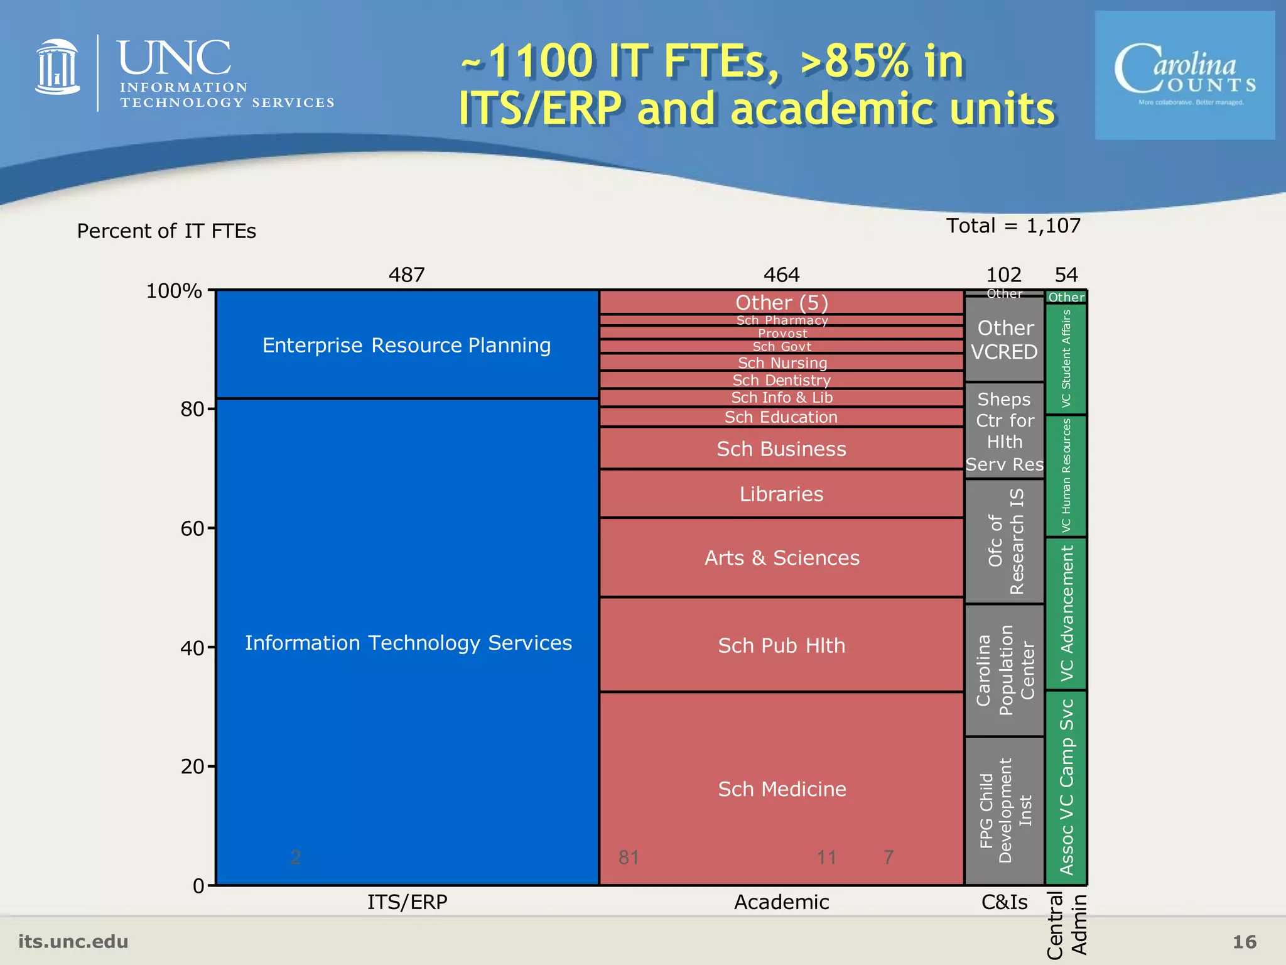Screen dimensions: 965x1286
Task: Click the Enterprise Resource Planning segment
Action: pos(407,345)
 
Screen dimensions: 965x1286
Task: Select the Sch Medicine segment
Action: pos(782,788)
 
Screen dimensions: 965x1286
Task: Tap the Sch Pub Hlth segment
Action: pos(782,645)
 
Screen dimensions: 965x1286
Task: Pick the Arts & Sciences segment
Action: pos(782,557)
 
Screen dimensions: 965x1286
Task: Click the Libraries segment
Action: pos(782,494)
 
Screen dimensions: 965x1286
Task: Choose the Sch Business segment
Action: pos(782,449)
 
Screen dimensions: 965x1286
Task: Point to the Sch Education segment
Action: pos(782,417)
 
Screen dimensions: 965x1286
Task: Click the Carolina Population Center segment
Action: pos(1005,670)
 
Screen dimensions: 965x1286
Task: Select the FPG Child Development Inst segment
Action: pos(1005,810)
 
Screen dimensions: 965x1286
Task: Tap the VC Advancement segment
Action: pos(1066,613)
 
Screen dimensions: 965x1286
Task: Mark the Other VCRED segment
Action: pos(1005,340)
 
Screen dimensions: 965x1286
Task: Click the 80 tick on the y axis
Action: pos(192,409)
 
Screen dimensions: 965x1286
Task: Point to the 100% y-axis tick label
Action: pos(174,291)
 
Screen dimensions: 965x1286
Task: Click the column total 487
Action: pos(407,275)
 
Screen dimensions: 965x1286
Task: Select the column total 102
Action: pos(1004,275)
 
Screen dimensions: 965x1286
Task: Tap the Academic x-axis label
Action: pos(782,902)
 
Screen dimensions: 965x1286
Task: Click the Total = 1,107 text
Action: pos(1013,226)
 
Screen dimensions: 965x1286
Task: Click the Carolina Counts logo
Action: pos(1185,75)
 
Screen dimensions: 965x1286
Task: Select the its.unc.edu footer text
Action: pos(73,941)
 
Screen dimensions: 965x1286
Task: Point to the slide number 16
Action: pos(1244,942)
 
